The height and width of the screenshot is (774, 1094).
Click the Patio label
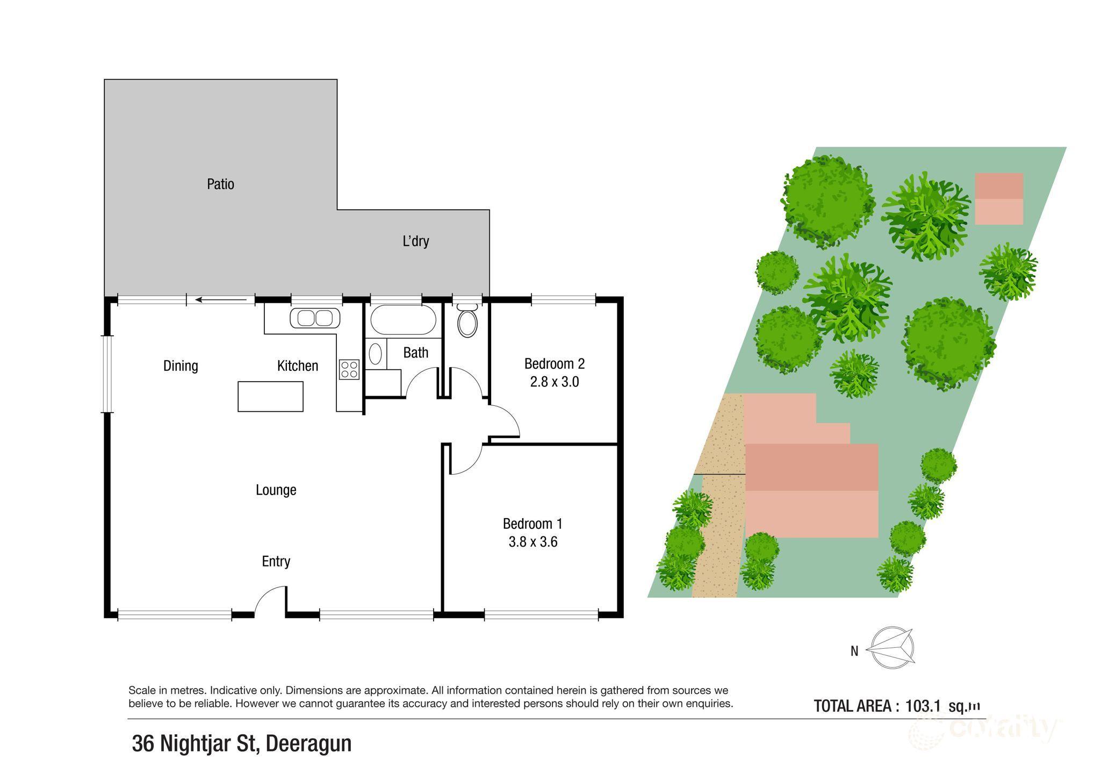(220, 184)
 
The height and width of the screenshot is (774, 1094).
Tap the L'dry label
(415, 241)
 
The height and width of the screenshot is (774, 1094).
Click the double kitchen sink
(315, 318)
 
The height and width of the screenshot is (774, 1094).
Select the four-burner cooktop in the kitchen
(349, 369)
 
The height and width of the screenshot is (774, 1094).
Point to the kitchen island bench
(270, 397)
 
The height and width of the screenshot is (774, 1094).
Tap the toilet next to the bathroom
(467, 321)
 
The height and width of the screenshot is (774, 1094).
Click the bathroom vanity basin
(376, 354)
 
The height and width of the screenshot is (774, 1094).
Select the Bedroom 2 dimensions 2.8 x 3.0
(554, 382)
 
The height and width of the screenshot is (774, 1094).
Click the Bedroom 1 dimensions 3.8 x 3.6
(532, 542)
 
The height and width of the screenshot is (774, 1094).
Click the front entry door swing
(270, 600)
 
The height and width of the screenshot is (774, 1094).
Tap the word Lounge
(276, 490)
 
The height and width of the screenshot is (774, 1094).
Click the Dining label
(181, 366)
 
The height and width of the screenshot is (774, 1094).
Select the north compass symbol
(891, 649)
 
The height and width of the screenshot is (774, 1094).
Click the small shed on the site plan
(999, 198)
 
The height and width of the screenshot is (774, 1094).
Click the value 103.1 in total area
(922, 706)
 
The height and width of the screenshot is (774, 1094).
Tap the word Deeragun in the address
(308, 744)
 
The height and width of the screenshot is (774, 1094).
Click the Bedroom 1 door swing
(465, 459)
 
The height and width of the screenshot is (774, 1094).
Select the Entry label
(276, 561)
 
